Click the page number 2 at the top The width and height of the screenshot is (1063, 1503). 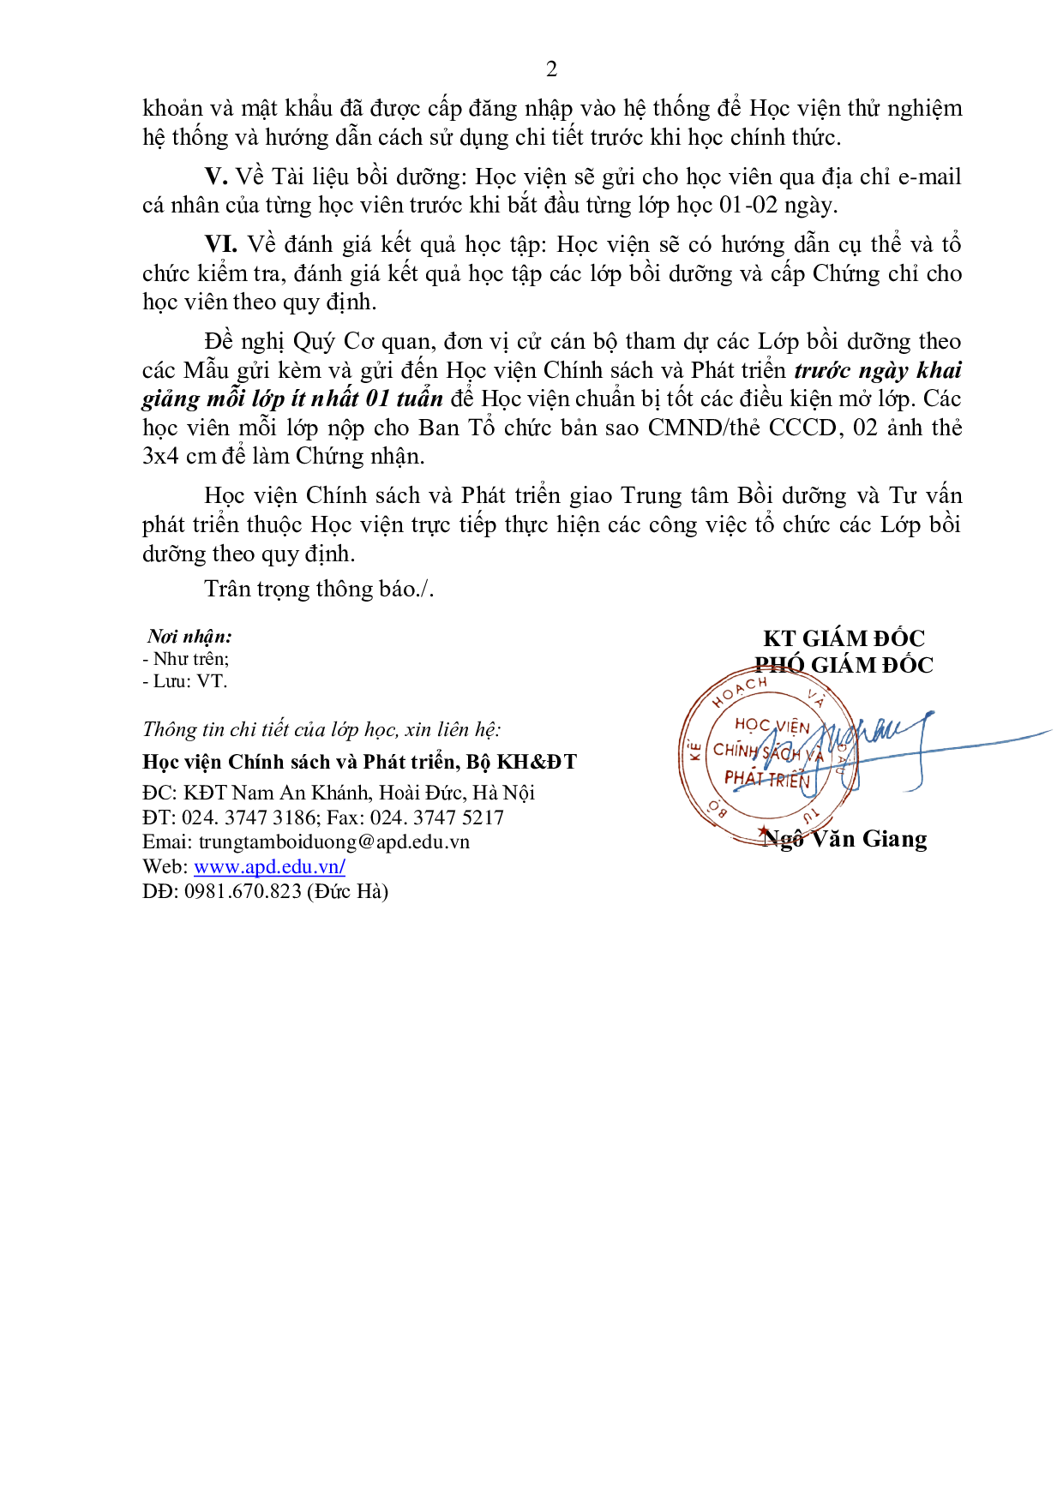click(551, 69)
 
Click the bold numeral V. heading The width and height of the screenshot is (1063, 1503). click(216, 177)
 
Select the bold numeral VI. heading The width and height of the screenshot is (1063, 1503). click(220, 244)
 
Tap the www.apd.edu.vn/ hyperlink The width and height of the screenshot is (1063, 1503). click(269, 866)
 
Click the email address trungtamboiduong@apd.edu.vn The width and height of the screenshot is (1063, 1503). click(333, 841)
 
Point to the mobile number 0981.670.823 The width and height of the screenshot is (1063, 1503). click(243, 891)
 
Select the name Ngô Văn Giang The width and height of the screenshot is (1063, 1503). click(844, 839)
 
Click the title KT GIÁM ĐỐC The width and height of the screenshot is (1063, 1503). click(844, 638)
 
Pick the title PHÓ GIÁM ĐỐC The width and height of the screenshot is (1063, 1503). click(844, 665)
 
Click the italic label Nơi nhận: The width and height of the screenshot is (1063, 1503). click(189, 636)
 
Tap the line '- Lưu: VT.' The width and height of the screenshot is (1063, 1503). click(184, 681)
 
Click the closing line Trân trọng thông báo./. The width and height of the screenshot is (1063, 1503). click(319, 589)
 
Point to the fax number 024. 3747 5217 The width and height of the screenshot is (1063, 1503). click(437, 817)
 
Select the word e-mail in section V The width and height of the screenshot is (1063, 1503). click(929, 177)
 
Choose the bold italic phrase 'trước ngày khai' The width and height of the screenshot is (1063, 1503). click(878, 370)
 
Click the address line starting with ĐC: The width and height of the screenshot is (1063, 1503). click(339, 793)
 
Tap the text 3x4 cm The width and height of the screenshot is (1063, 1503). click(179, 456)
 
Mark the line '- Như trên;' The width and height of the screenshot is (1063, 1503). click(186, 659)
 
